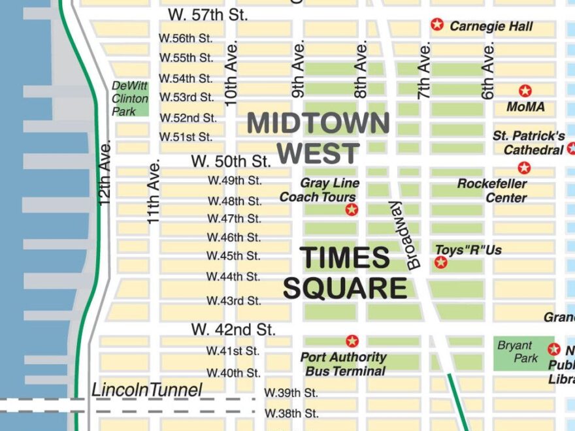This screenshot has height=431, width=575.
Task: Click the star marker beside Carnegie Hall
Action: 437,25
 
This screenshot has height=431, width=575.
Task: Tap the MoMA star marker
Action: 525,91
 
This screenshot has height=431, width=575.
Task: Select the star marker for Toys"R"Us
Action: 441,263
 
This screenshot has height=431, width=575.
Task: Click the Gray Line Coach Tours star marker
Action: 352,210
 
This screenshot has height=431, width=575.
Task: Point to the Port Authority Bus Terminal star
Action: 352,341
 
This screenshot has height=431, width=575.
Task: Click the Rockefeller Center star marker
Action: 524,168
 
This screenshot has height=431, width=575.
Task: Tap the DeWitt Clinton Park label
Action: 130,99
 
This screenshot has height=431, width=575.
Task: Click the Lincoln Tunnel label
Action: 146,390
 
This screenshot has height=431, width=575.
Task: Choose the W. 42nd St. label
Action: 233,328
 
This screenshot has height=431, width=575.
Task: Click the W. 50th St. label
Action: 231,161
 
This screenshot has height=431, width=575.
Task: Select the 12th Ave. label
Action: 106,172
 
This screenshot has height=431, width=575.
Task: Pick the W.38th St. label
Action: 291,413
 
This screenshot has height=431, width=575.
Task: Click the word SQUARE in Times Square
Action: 345,288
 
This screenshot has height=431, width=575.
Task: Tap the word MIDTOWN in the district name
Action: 318,123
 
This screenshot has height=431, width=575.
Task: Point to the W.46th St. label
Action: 234,237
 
